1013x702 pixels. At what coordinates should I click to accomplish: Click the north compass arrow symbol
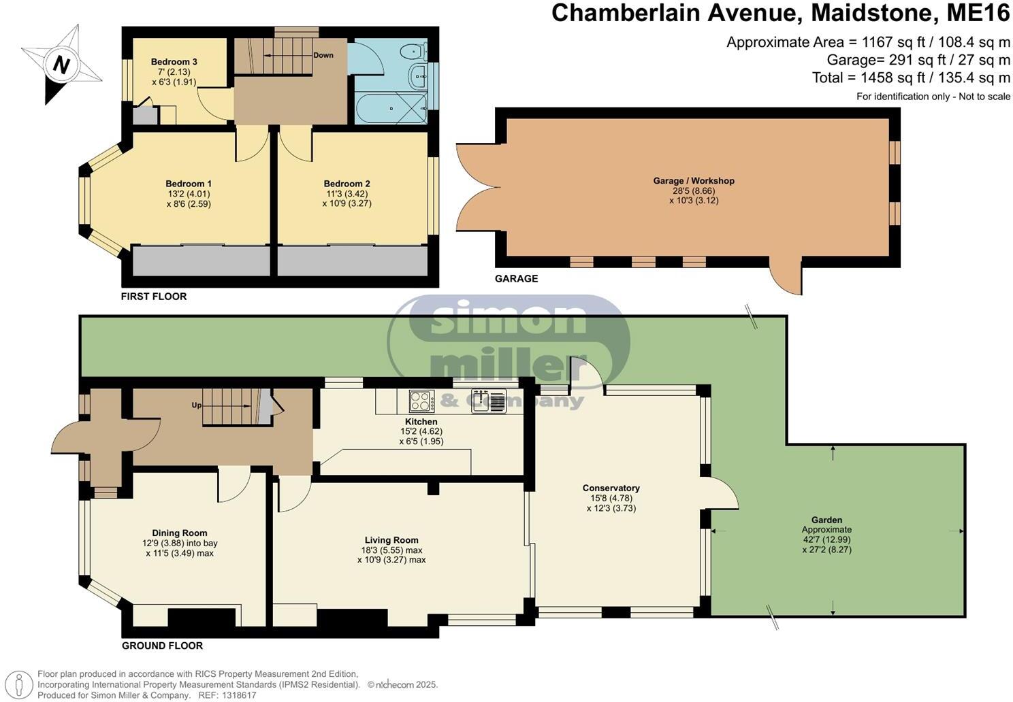coord(61,65)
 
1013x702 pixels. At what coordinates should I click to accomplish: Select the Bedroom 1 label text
coord(189,184)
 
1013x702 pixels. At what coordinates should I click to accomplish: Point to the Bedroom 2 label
coord(347,184)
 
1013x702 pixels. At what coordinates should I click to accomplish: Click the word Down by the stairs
coord(323,55)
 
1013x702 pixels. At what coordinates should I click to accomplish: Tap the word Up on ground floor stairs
coord(196,405)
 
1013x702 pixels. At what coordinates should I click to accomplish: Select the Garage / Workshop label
coord(694,181)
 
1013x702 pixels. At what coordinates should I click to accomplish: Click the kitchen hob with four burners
coord(421,401)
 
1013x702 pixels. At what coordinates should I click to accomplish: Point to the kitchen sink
coord(488,401)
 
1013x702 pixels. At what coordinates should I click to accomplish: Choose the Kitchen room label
coord(421,422)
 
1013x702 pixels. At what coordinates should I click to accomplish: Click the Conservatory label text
coord(611,488)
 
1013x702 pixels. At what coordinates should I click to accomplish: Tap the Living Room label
coord(391,540)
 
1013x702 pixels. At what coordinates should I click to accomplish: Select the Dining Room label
coord(179,533)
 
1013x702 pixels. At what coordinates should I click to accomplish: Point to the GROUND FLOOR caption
coord(162,646)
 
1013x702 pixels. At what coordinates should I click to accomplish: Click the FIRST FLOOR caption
coord(153,297)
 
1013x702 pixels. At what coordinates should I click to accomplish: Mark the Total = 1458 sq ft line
coord(910,78)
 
